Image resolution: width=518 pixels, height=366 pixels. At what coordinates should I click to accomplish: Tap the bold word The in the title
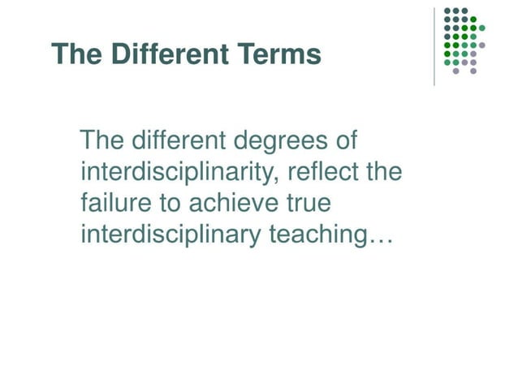[71, 54]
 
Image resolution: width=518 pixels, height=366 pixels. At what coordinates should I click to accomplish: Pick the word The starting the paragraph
[102, 141]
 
